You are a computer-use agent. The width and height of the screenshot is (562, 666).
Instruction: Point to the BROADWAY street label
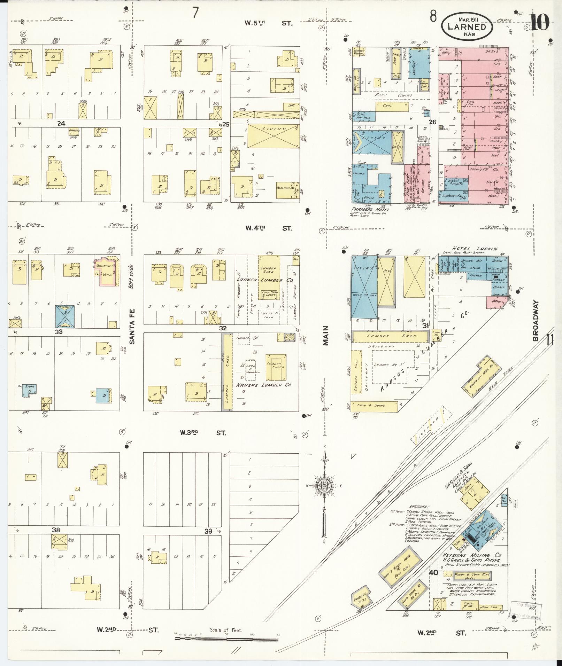tap(536, 321)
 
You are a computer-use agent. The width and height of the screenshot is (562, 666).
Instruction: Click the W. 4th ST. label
tap(268, 228)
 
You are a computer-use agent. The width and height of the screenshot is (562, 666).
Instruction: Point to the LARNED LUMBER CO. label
tap(265, 280)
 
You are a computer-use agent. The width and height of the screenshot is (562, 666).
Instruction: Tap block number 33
tap(59, 332)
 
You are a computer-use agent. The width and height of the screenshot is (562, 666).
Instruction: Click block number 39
tap(208, 531)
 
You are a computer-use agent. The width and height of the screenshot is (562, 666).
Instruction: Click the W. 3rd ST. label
tap(203, 433)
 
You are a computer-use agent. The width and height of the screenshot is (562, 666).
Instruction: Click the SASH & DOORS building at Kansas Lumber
tap(374, 406)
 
